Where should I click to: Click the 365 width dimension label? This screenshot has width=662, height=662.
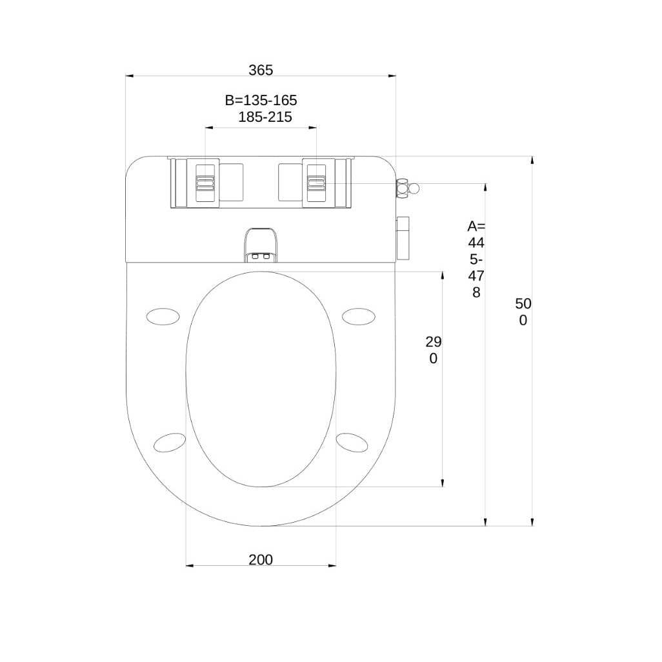(261, 70)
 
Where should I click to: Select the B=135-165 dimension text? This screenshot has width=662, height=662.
(261, 100)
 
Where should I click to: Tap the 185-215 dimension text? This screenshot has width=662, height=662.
(265, 117)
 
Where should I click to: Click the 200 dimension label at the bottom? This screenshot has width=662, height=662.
(261, 559)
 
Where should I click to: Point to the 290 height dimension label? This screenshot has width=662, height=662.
(433, 350)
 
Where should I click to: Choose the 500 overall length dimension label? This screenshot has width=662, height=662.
(523, 312)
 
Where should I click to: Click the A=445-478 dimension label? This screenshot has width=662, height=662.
(476, 259)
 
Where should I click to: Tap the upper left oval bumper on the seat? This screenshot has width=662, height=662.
(163, 316)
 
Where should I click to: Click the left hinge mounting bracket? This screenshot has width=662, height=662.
(206, 183)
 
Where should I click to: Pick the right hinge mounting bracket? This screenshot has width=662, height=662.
(316, 183)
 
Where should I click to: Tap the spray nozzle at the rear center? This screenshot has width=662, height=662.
(261, 246)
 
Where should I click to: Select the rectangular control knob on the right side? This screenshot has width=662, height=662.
(403, 237)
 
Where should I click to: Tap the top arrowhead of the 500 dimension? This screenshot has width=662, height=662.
(532, 159)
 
